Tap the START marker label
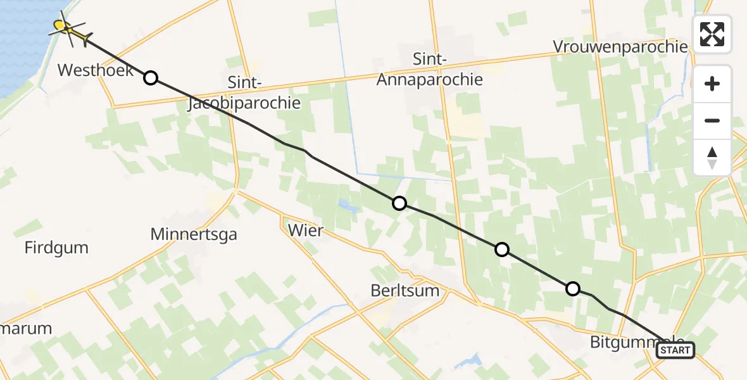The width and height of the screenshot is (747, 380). point(675,350)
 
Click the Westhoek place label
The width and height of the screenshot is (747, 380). point(96,70)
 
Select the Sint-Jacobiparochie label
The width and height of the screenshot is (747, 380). point(244,93)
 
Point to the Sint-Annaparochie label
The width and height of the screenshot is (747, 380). point(429,70)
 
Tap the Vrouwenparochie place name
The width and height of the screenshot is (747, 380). point(620,47)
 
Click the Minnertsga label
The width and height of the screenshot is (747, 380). point(194,235)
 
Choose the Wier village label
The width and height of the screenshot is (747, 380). point(304,231)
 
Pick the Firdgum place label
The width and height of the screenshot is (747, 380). point(56,248)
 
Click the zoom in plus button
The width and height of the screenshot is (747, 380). point(712,84)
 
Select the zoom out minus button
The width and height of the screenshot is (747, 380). point(712,120)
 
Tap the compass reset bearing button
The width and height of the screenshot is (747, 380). point(712,157)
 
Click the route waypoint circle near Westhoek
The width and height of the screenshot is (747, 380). point(151,78)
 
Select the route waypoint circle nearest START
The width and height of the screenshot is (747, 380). point(572,289)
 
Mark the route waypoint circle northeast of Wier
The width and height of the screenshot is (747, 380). point(399,203)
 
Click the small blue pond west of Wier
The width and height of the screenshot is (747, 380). point(346,205)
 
